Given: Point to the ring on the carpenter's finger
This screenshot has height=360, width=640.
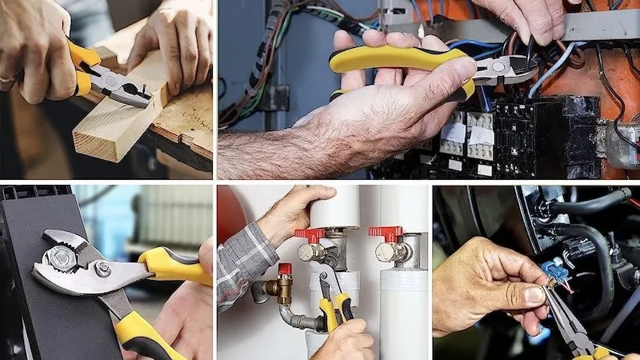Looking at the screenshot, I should [7, 81].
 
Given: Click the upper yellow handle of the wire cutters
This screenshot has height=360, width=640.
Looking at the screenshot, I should [400, 58].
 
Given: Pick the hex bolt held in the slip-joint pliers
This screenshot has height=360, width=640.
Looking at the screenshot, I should [60, 257].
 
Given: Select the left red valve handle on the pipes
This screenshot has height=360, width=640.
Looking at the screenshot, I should [310, 234].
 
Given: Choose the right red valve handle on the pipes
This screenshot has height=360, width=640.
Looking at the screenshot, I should [386, 233].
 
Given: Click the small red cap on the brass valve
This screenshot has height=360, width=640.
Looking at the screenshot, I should [284, 270].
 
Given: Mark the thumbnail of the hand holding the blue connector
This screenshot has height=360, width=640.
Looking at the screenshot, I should [534, 294].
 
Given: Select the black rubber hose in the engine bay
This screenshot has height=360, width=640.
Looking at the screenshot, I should [592, 240].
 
